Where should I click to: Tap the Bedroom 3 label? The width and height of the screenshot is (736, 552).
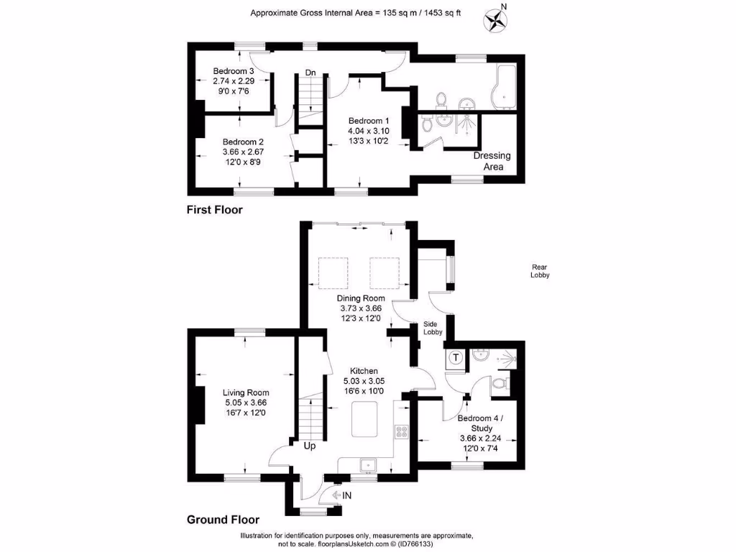point(234,71)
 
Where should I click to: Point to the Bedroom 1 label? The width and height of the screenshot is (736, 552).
point(369,121)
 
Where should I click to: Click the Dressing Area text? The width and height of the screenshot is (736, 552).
point(492,161)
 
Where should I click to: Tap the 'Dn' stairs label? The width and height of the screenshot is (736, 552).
point(311,73)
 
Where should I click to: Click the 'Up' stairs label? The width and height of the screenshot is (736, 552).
point(310,446)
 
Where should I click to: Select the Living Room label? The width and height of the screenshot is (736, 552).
point(246,392)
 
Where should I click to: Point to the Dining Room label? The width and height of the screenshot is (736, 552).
point(362,298)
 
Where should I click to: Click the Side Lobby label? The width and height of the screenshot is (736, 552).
point(433,328)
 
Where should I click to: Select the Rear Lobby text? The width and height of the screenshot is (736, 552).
point(540,271)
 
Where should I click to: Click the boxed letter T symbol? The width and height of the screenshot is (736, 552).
point(455,357)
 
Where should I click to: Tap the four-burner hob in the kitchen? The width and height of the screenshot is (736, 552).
point(401,432)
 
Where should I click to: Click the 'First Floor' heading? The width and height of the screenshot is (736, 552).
point(215,210)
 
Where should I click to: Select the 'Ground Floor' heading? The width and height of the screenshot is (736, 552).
point(223,520)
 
